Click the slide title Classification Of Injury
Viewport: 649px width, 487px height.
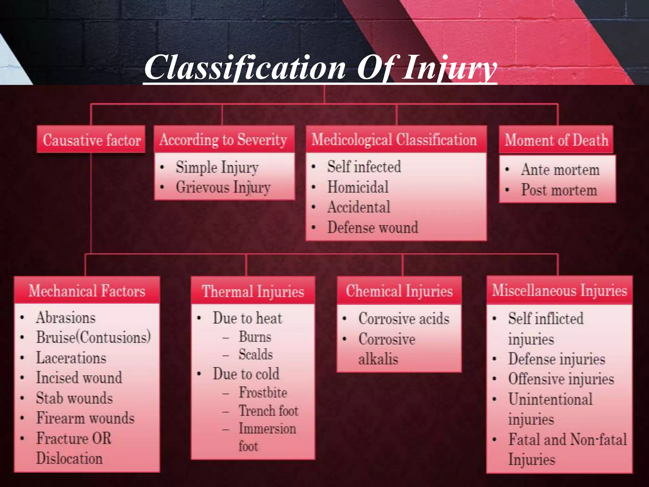[x=320, y=68]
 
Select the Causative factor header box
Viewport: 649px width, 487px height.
[x=91, y=140]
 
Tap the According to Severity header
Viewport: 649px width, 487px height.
[x=223, y=140]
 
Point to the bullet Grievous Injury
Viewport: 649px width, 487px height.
[x=223, y=187]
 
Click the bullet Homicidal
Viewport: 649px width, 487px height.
[x=358, y=187]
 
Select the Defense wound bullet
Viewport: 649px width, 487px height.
[x=373, y=227]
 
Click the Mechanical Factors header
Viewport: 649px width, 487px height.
[x=87, y=291]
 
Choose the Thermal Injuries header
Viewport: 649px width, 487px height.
[x=253, y=291]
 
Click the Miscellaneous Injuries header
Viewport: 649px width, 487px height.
[x=559, y=290]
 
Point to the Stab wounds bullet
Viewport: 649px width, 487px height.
[x=74, y=398]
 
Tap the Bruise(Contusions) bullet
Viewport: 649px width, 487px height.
[x=93, y=337]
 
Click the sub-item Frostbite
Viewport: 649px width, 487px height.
[x=263, y=393]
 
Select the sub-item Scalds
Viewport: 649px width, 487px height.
[x=255, y=354]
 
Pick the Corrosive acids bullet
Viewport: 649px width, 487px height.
[x=404, y=319]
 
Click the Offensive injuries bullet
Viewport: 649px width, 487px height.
[x=561, y=379]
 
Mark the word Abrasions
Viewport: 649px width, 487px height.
[x=66, y=318]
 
